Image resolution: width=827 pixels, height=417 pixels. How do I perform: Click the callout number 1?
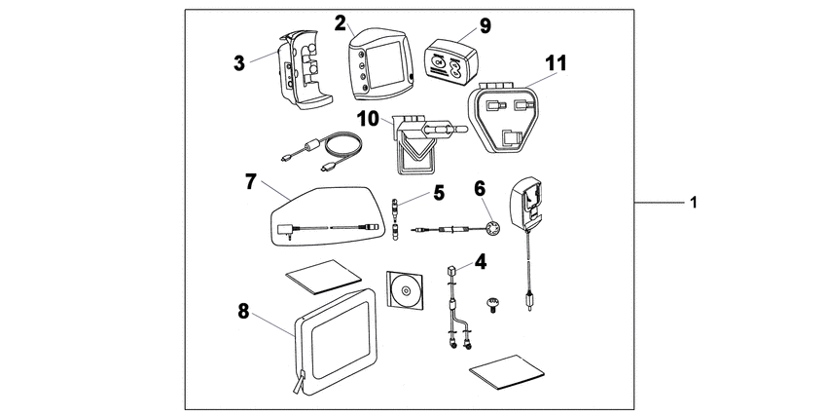pos(693,203)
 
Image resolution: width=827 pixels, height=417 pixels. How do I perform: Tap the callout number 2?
pos(341,21)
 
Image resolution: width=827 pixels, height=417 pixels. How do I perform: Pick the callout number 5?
pos(439,193)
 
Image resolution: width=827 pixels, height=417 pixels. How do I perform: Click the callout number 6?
pos(480,186)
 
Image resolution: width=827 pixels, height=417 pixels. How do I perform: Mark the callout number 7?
pos(250,182)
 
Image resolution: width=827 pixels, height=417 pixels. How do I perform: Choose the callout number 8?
pos(243,312)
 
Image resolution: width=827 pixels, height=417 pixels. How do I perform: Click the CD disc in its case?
pos(406,289)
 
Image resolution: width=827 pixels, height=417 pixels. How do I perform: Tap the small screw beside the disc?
pos(494,309)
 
